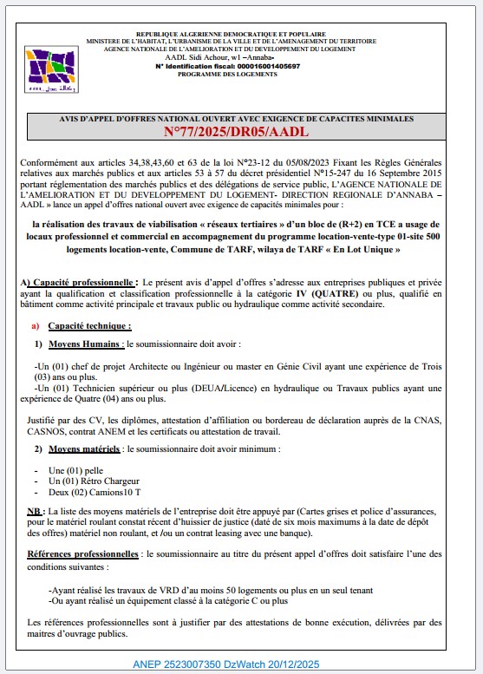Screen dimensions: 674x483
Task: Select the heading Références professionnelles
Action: [84, 553]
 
